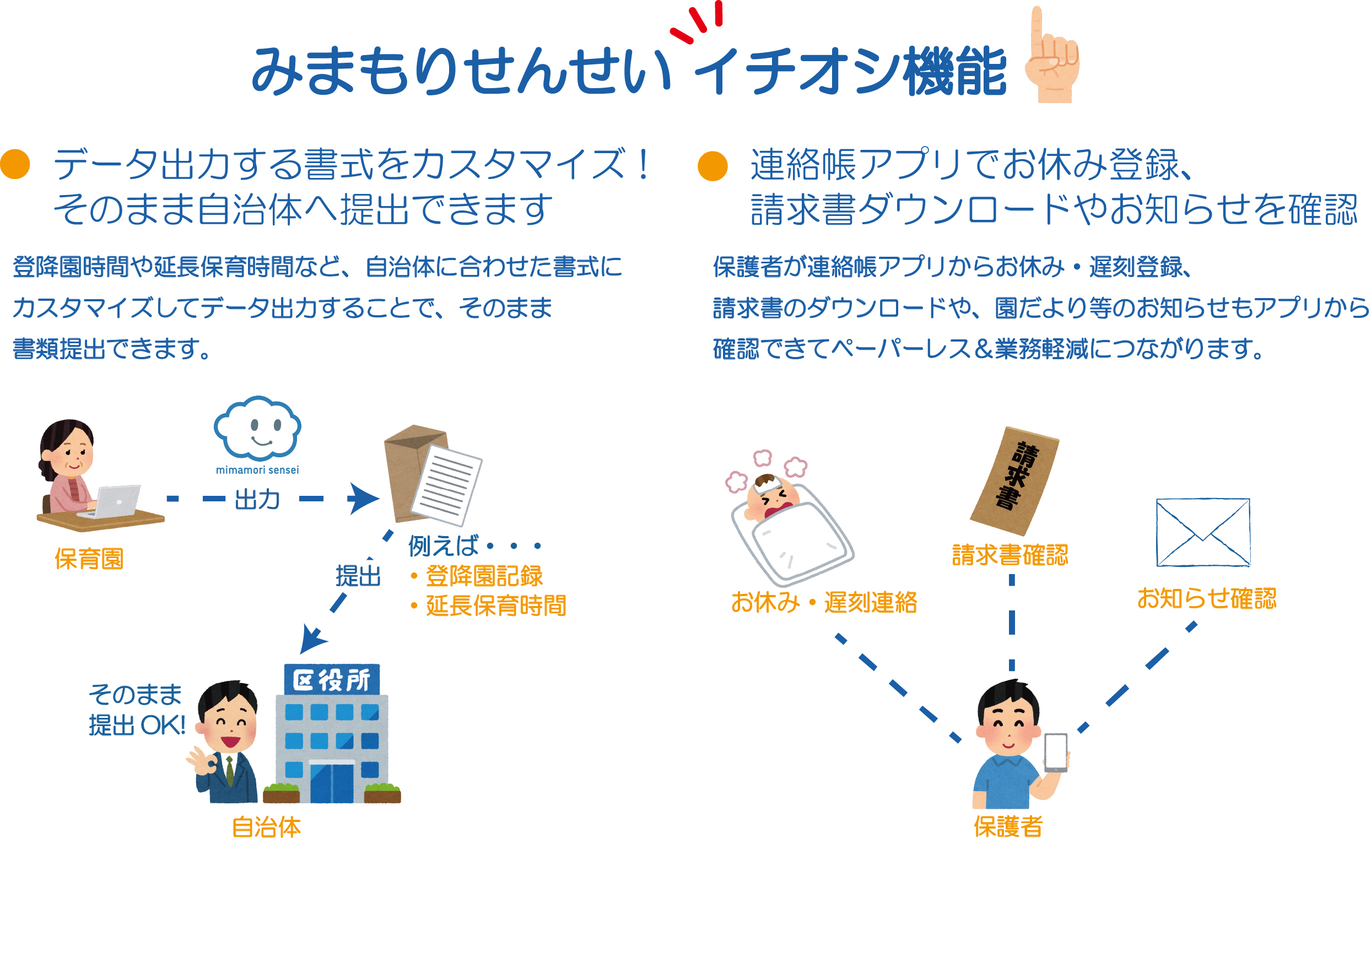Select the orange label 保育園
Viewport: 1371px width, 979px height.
pyautogui.click(x=89, y=559)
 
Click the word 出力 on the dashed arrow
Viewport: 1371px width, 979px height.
pyautogui.click(x=257, y=499)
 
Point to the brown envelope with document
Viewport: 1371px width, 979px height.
pyautogui.click(x=431, y=474)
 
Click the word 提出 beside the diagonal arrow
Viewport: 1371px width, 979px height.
pyautogui.click(x=358, y=576)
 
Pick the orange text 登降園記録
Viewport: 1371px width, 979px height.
pyautogui.click(x=484, y=576)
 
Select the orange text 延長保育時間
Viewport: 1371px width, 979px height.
pyautogui.click(x=496, y=605)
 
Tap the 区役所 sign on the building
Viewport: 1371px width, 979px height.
pyautogui.click(x=332, y=679)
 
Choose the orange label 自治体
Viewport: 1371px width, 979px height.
pyautogui.click(x=267, y=827)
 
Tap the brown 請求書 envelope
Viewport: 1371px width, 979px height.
pyautogui.click(x=1014, y=480)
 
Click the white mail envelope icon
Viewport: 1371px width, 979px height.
pyautogui.click(x=1202, y=532)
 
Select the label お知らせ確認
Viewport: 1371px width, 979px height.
pyautogui.click(x=1206, y=599)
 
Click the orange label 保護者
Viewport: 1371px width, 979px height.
pyautogui.click(x=1008, y=826)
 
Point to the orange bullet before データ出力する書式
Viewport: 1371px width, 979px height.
pyautogui.click(x=15, y=165)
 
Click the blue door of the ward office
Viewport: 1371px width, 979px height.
pyautogui.click(x=331, y=782)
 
